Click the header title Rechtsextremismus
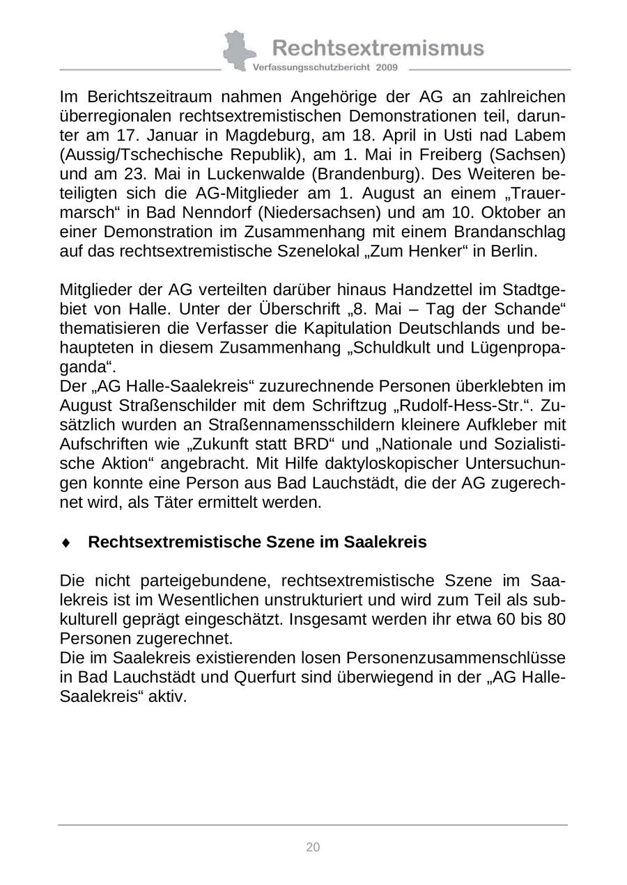[378, 47]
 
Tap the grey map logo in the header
[238, 50]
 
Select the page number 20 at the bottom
[313, 847]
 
